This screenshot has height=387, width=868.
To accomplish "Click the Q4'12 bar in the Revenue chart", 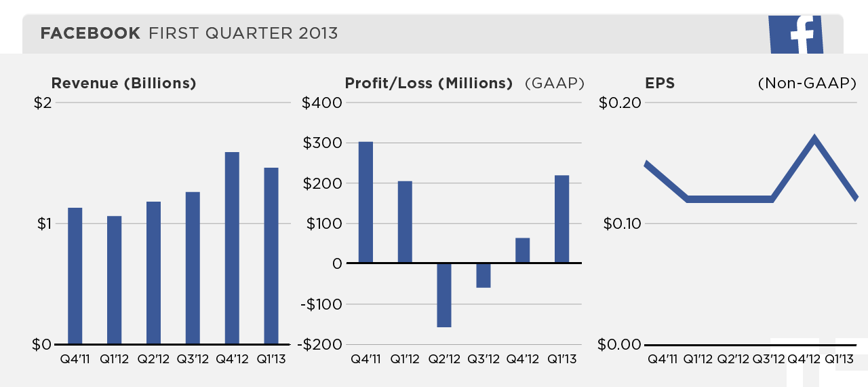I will point(232,248).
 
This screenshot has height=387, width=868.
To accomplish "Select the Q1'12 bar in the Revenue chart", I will point(114,280).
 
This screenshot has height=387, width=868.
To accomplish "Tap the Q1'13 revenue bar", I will point(271,255).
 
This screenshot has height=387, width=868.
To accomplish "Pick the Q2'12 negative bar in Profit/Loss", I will point(444,295).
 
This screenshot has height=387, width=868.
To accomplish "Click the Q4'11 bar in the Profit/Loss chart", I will point(366,202).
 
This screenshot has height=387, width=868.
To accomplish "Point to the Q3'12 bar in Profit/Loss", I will point(484,275).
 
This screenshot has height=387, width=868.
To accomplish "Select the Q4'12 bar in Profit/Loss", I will point(523,250).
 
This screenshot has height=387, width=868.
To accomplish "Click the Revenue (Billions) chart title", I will point(123,84).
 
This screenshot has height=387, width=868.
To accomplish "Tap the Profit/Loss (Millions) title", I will point(429,84).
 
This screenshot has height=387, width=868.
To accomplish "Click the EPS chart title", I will point(660,84).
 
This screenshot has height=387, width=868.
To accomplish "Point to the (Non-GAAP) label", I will point(807,84).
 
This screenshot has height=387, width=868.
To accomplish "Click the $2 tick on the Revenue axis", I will point(43,103).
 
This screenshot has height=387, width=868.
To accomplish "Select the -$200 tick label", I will point(322,344).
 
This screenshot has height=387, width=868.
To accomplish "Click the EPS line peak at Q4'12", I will point(814,139).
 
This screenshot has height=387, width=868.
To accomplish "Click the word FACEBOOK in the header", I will point(91,33).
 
